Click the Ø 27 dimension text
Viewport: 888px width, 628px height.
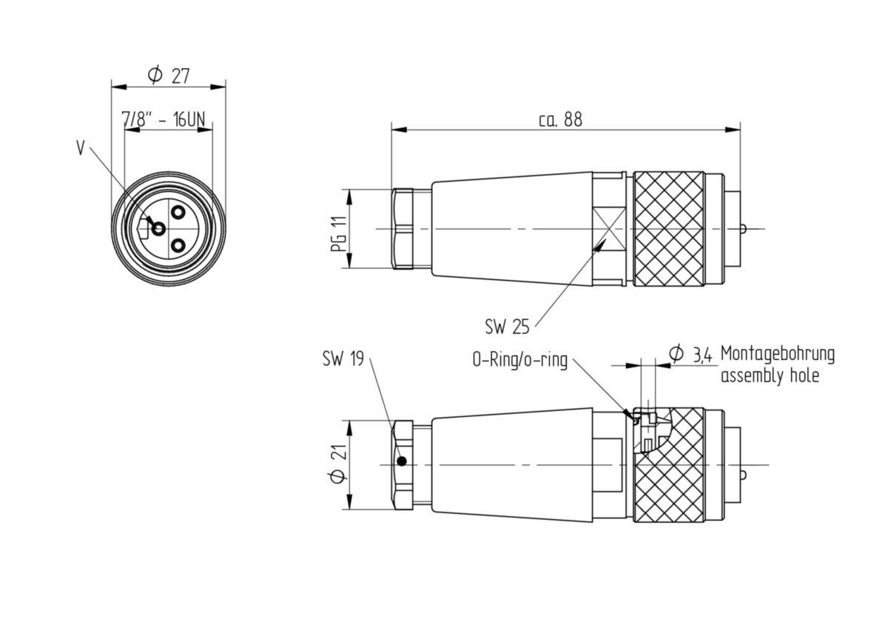[x=169, y=75]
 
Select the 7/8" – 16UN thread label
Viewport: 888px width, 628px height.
[x=164, y=119]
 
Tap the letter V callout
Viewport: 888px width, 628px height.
[x=81, y=148]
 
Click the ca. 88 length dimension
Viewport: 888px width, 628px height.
[x=561, y=120]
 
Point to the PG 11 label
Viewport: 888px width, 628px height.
[x=339, y=234]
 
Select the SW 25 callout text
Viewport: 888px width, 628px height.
[x=507, y=327]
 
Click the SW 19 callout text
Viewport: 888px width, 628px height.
[x=343, y=358]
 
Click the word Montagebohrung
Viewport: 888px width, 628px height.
[x=778, y=354]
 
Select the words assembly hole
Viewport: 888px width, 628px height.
[x=770, y=375]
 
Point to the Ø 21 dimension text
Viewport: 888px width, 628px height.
[x=338, y=464]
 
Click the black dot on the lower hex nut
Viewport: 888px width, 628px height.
[x=402, y=461]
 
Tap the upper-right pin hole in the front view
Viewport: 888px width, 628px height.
[x=178, y=213]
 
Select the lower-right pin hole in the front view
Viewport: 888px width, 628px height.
[x=178, y=246]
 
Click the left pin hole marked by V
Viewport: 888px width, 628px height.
[x=159, y=229]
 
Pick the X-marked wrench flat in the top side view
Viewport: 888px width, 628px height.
[x=609, y=229]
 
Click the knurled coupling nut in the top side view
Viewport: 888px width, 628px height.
[x=668, y=229]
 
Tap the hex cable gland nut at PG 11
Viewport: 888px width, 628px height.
[x=403, y=229]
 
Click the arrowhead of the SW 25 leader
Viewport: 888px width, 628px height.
[x=599, y=246]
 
